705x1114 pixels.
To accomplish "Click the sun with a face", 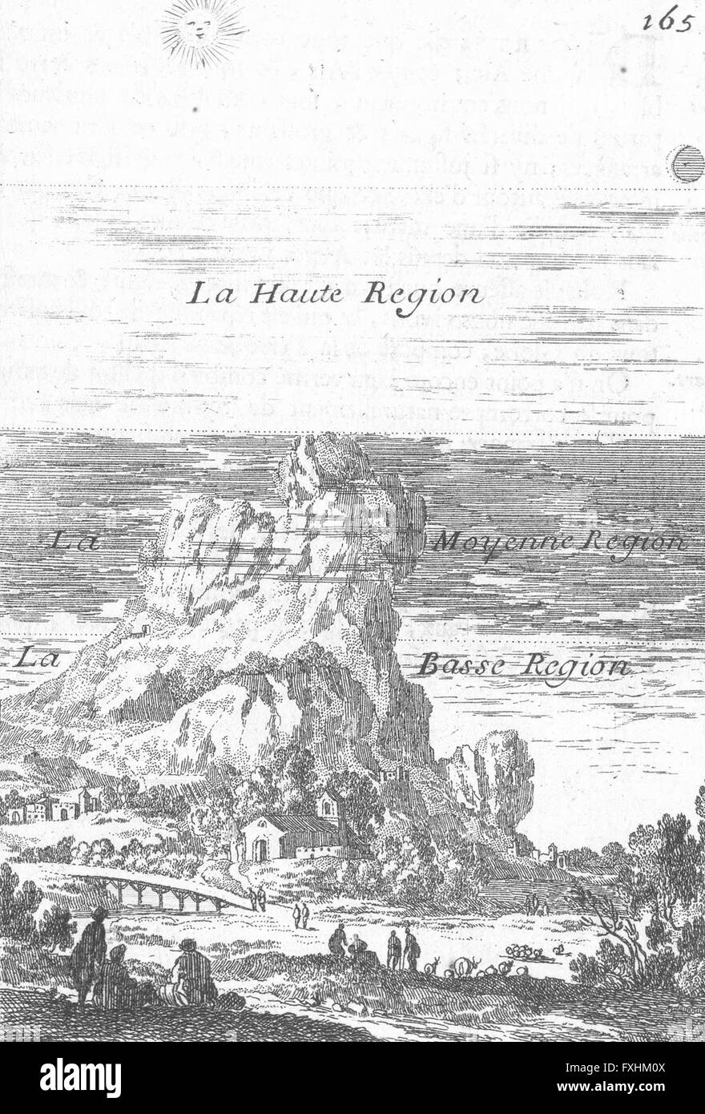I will click(x=203, y=31).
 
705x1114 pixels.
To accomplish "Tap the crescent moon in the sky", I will click(x=686, y=165).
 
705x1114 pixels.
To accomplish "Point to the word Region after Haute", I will click(x=424, y=296).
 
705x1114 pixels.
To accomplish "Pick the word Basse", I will click(x=457, y=664).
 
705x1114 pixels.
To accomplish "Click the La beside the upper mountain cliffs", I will click(x=74, y=543).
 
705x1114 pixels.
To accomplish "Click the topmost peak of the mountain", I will click(x=320, y=449).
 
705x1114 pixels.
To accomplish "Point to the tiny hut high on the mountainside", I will click(x=142, y=630).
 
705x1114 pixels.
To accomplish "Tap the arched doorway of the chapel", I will click(x=260, y=849).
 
